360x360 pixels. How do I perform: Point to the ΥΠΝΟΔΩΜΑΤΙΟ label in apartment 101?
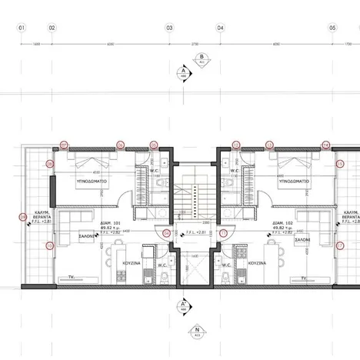[x=90, y=183]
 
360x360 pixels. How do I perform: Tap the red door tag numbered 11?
[x=165, y=234]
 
